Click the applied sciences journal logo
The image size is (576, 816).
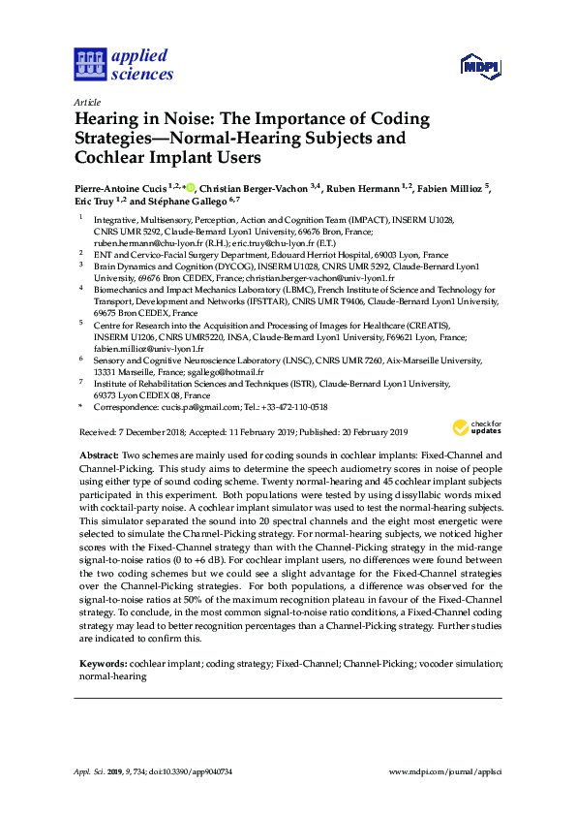(x=124, y=64)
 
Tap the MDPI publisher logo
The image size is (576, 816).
(x=480, y=68)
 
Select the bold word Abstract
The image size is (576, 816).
(x=98, y=455)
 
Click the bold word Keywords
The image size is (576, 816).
(x=102, y=663)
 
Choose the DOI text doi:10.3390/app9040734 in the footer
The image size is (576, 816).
(x=189, y=771)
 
